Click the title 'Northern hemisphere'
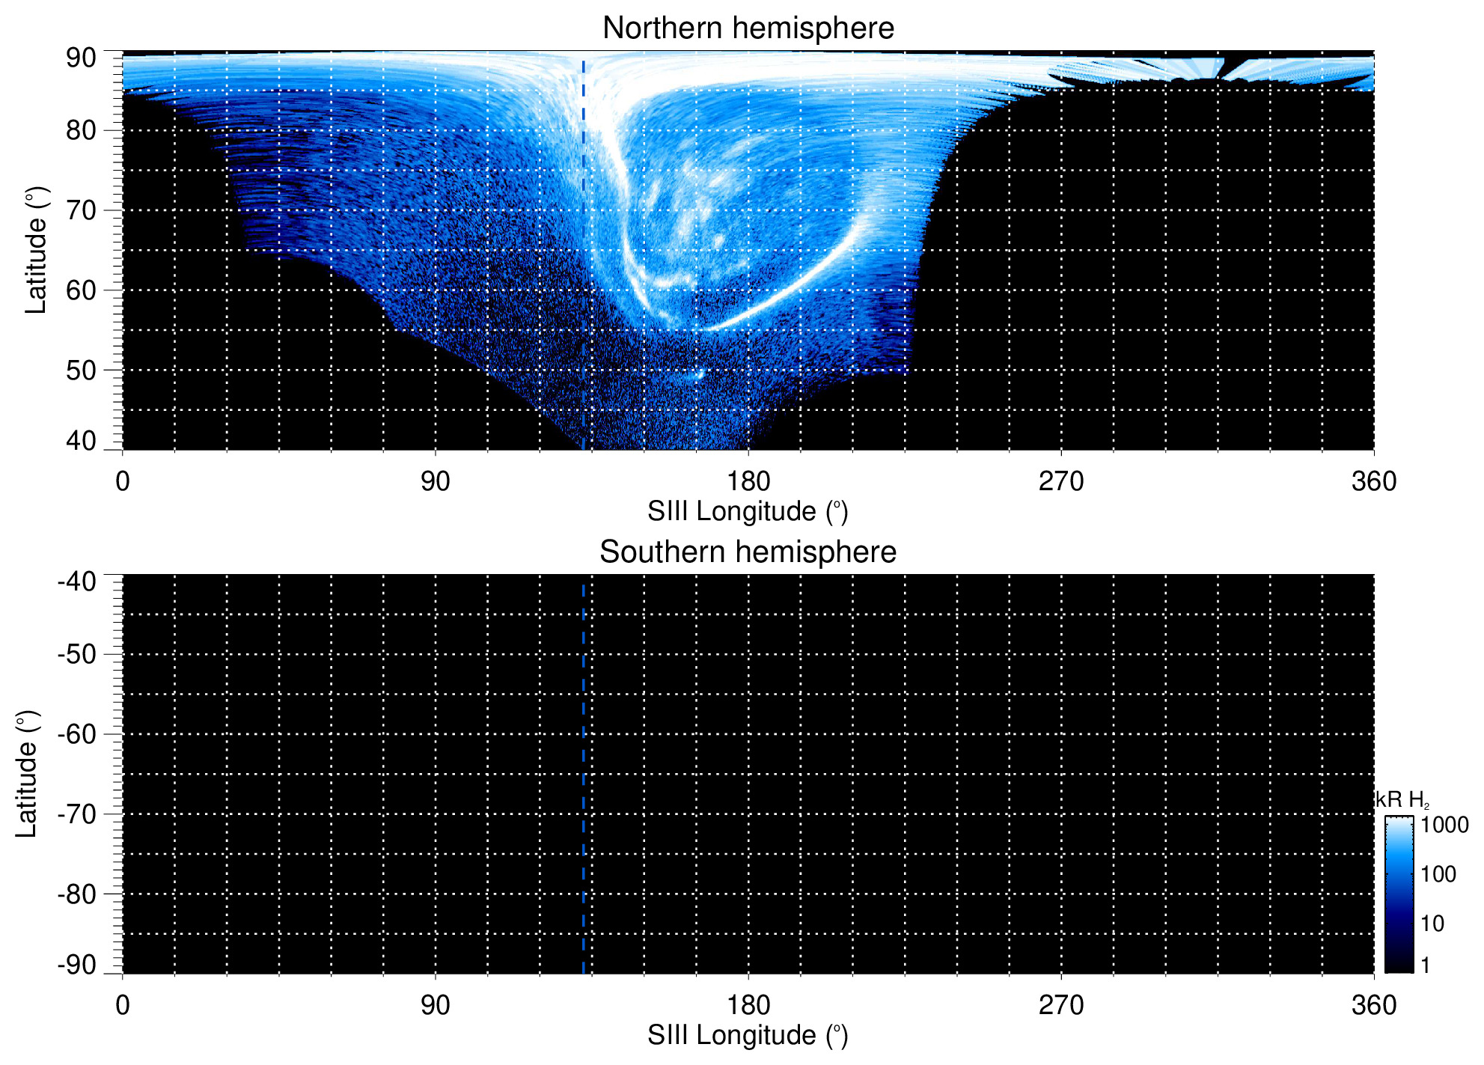(x=748, y=28)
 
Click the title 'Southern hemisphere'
(x=748, y=552)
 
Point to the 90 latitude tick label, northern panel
(x=81, y=58)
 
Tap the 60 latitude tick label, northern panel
(x=81, y=290)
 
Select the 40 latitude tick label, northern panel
(x=81, y=441)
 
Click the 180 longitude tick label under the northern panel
(x=748, y=481)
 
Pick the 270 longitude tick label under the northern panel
(x=1060, y=481)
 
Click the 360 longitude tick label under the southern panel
(x=1373, y=1005)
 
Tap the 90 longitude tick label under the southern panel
(x=435, y=1005)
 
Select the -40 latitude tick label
(x=77, y=582)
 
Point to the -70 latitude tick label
(x=77, y=814)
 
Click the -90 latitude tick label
(x=77, y=965)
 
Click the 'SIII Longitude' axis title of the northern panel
(x=748, y=512)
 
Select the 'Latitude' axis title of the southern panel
(x=27, y=774)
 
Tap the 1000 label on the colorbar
(x=1444, y=826)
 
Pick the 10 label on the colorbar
(x=1432, y=924)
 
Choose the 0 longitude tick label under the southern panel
(x=123, y=1005)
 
